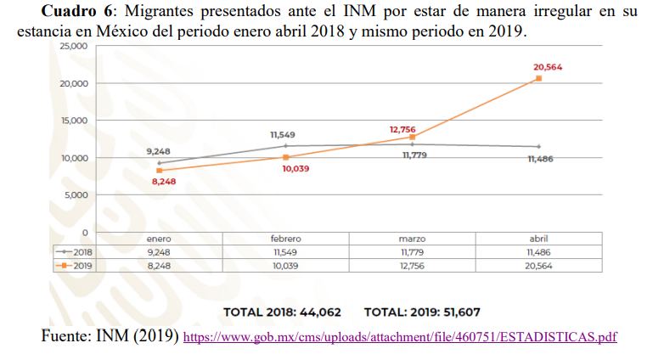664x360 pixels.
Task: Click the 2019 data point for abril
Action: (538, 79)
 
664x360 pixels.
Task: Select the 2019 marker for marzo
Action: (412, 137)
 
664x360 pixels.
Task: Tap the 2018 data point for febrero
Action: (285, 146)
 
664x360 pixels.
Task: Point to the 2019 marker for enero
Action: (159, 171)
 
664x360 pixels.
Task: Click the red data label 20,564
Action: (548, 66)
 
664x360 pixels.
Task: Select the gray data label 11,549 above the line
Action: (283, 135)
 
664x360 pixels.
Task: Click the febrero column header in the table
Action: (285, 239)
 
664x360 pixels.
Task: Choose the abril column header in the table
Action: (538, 239)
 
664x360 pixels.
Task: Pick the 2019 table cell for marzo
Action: (412, 265)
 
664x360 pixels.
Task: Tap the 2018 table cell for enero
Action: (159, 252)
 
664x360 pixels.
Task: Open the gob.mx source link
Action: (400, 337)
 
